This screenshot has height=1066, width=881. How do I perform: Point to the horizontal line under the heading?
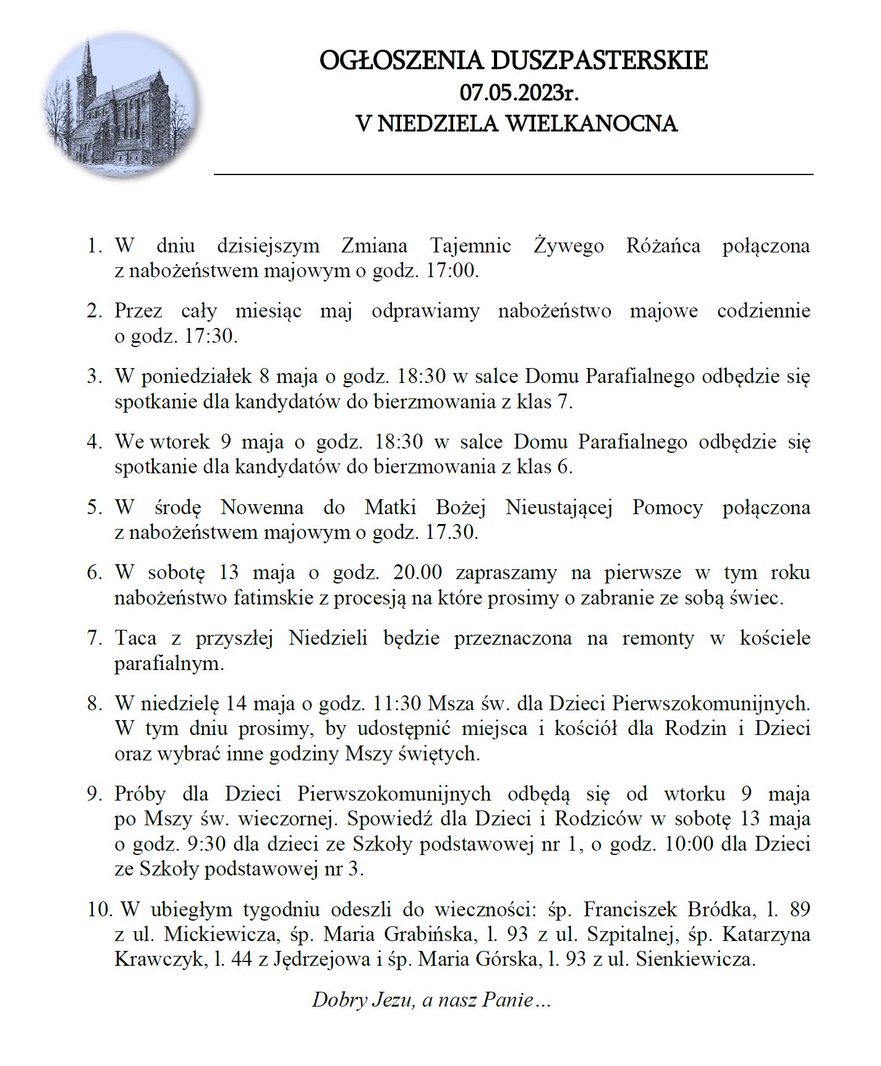pos(513,175)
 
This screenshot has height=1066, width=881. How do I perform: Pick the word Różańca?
pos(663,246)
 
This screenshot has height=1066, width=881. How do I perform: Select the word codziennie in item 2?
pos(764,311)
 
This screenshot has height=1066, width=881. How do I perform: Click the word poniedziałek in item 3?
pos(197,376)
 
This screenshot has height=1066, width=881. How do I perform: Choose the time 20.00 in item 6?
pos(417,573)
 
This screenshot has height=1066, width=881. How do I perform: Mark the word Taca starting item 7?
pos(134,638)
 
